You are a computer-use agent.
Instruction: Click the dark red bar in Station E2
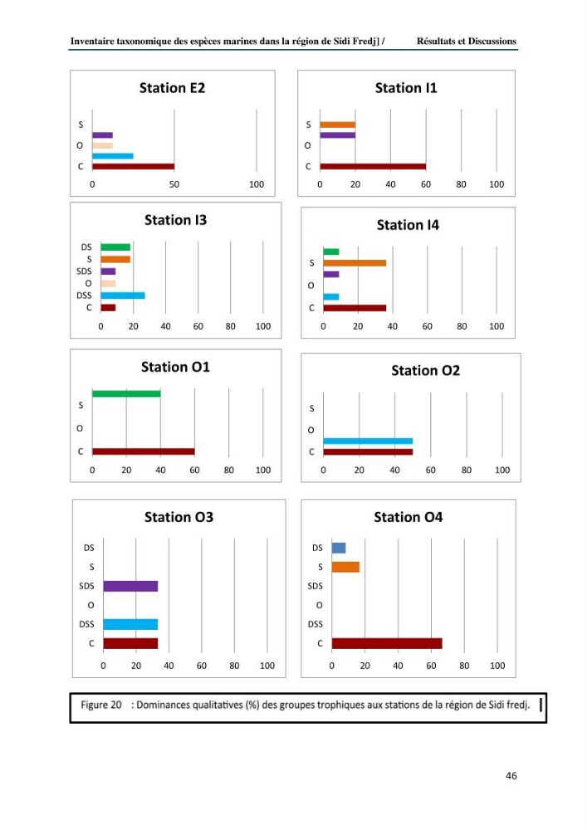click(x=134, y=166)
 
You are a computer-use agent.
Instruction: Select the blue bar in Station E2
click(x=113, y=156)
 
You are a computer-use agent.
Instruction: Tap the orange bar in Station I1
click(x=338, y=125)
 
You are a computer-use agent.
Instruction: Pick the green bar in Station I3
click(x=115, y=247)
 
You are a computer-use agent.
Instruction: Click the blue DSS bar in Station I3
click(x=123, y=295)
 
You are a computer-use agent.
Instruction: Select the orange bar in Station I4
click(x=355, y=263)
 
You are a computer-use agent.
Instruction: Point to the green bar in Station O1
click(x=126, y=393)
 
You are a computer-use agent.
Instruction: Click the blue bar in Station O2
click(x=368, y=441)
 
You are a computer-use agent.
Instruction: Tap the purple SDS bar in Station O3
click(x=130, y=586)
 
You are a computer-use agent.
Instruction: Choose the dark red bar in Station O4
click(x=387, y=643)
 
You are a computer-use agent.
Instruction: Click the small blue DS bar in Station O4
click(x=339, y=548)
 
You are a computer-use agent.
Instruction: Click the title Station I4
click(x=408, y=225)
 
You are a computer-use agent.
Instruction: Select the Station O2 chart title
click(x=426, y=370)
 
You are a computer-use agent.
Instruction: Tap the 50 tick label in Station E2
click(x=174, y=184)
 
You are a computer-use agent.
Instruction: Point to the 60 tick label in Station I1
click(x=426, y=184)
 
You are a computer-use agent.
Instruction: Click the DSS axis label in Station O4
click(x=316, y=624)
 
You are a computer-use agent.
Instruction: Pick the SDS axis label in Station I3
click(x=84, y=271)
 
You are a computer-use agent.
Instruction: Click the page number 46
click(x=511, y=775)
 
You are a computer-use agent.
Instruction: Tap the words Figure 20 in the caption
click(x=101, y=705)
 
